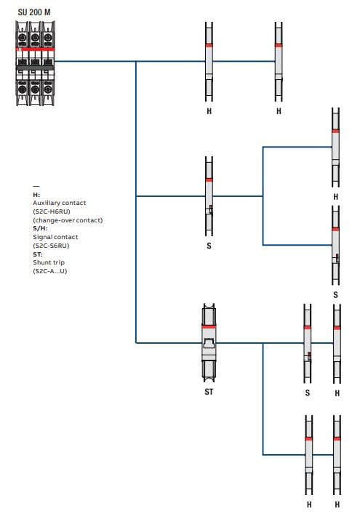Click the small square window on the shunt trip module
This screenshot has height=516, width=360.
[208, 342]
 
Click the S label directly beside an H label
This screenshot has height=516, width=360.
[308, 393]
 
